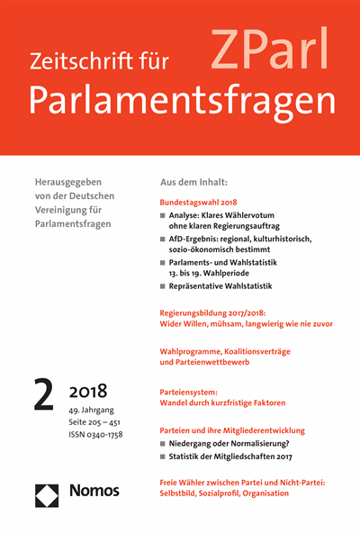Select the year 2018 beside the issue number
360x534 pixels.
click(x=88, y=391)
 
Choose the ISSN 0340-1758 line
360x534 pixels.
click(x=97, y=435)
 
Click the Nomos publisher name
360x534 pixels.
click(x=94, y=492)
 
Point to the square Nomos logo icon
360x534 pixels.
click(x=47, y=493)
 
